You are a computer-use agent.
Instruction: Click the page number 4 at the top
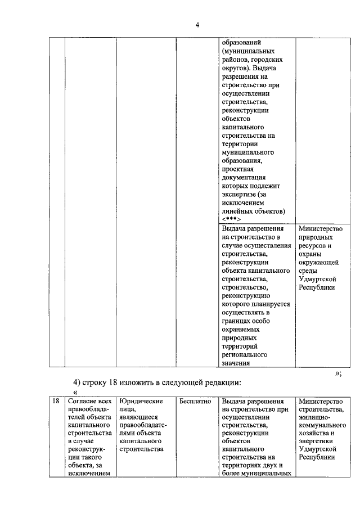pos(197,24)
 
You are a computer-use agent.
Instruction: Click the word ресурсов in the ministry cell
pos(313,246)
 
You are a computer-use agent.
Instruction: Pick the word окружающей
pos(318,262)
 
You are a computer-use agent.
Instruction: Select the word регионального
pos(244,355)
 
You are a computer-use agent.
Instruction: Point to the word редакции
pos(221,383)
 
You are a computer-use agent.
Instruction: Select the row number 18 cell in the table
pos(56,402)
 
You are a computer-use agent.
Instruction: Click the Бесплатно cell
pos(195,402)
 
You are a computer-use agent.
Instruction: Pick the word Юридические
pos(141,402)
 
